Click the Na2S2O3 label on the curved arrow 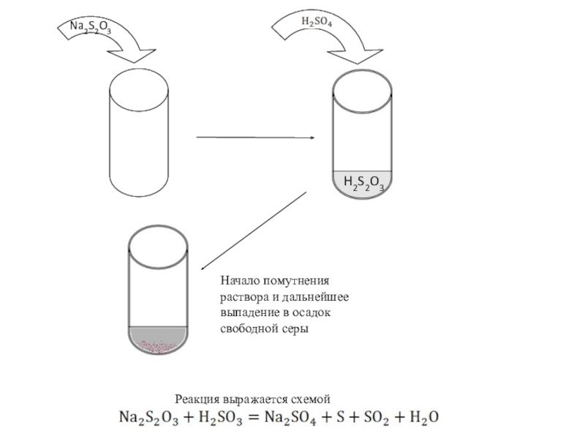(90, 29)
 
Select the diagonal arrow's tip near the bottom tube (202, 269)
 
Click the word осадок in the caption (314, 313)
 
